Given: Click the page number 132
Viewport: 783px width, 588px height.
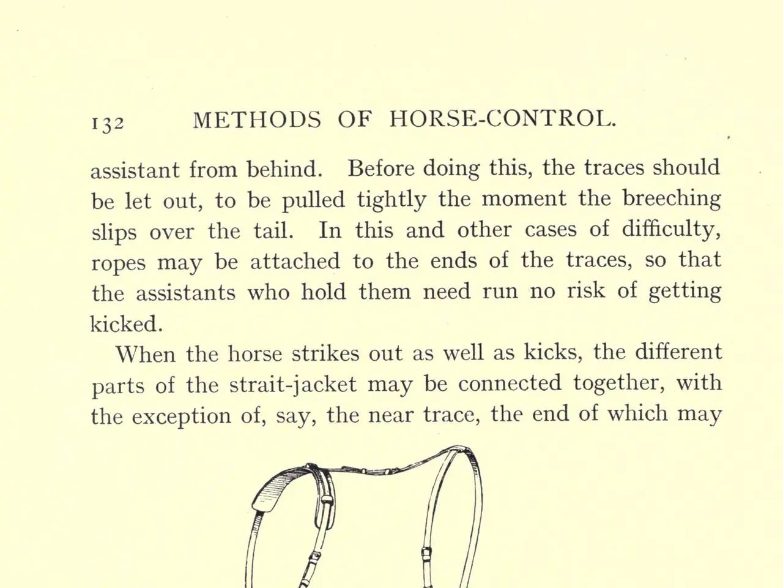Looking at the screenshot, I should coord(107,121).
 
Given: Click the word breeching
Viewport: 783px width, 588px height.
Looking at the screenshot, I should coord(672,200).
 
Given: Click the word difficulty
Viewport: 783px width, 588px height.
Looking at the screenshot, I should coord(672,230).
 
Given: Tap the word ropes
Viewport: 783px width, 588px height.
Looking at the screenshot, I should coord(119,263).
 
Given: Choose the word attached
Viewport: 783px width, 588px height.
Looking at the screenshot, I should coord(295,261).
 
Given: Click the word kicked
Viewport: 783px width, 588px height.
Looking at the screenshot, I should coord(127,323).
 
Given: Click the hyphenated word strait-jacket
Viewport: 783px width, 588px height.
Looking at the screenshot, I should coord(293,385).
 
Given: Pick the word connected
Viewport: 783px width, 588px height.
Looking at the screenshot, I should coord(510,384).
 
